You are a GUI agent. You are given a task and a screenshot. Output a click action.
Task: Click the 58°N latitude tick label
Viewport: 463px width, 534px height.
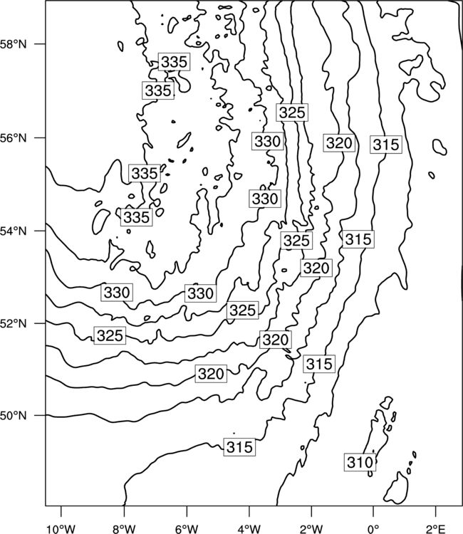14,44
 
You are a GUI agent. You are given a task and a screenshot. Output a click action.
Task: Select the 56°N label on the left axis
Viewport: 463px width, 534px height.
14,138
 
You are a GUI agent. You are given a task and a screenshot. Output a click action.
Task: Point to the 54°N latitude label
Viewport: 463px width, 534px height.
14,231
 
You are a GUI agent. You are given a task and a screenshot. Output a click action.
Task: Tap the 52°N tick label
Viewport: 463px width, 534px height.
14,323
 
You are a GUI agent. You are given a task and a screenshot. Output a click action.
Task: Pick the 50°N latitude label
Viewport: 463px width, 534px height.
14,416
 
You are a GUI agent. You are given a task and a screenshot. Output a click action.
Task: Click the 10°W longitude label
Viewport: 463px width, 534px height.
61,529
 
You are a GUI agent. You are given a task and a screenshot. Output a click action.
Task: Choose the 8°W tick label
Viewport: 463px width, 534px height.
124,529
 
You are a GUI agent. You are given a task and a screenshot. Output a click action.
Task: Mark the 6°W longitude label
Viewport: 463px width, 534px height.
187,529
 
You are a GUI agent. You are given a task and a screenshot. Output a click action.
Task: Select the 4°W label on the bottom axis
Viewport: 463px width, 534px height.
249,529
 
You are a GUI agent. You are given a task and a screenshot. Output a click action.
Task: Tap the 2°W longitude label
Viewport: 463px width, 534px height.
311,529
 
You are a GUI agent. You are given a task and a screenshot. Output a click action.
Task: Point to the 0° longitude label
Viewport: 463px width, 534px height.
373,529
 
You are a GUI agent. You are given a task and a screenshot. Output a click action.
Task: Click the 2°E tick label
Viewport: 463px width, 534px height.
436,529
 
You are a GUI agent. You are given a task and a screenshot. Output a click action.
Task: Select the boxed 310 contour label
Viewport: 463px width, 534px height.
360,462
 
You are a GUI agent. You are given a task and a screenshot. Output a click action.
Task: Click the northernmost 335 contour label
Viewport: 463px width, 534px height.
174,62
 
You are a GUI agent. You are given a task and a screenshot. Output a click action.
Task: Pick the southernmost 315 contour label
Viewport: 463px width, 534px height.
240,447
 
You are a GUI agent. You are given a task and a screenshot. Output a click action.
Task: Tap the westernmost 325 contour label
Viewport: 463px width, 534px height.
110,335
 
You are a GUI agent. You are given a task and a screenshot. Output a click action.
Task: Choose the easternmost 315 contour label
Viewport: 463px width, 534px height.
386,145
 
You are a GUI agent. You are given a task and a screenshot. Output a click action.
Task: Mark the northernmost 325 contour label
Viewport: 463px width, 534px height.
292,112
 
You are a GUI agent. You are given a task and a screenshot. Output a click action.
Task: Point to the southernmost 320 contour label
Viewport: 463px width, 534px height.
212,374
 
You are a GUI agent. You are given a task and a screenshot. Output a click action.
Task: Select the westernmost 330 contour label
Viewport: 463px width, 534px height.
117,292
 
